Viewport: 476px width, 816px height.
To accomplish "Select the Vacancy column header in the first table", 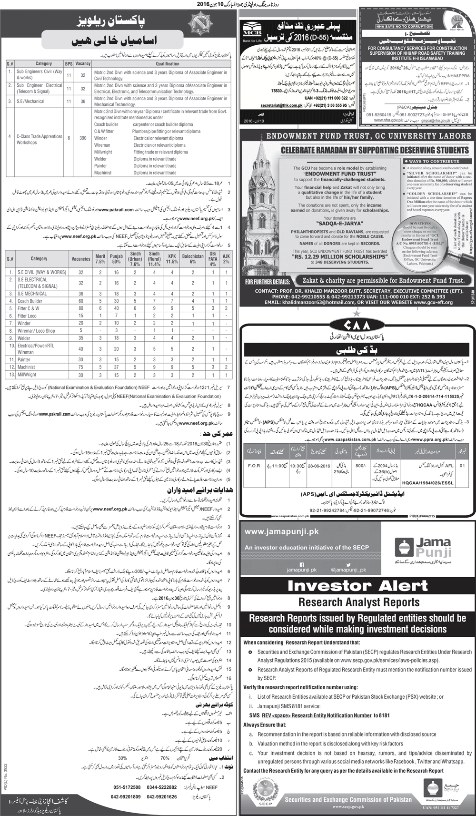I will (83, 63).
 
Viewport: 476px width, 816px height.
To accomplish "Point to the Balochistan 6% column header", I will (192, 259).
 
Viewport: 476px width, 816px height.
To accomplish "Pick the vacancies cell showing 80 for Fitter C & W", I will (81, 308).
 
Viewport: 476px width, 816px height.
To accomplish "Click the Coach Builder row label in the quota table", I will (30, 301).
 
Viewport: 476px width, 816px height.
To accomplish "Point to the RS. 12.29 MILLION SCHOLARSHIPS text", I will (333, 256).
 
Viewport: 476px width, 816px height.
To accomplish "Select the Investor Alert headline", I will (358, 586).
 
